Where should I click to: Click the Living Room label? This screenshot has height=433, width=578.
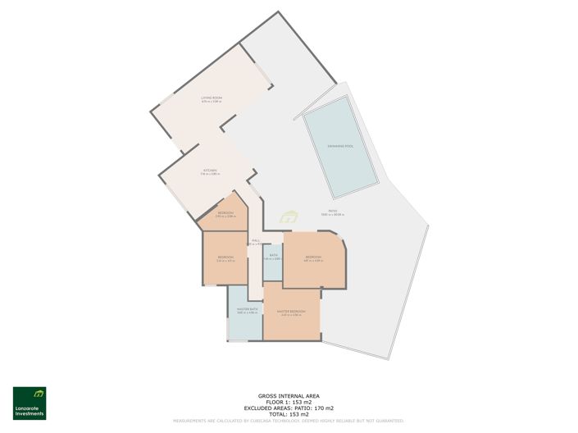tap(212, 98)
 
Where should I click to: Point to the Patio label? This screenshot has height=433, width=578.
tap(334, 212)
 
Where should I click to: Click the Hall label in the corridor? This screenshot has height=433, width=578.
tap(256, 241)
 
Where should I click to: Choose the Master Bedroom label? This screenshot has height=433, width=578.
tap(291, 312)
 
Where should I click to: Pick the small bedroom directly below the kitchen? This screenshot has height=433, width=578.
tap(224, 215)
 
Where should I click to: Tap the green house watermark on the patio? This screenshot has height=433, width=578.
tap(289, 217)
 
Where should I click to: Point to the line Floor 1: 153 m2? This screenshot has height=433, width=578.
tap(289, 401)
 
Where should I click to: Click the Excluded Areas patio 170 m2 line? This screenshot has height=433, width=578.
tap(289, 408)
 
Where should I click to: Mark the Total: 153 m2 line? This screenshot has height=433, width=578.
tap(289, 414)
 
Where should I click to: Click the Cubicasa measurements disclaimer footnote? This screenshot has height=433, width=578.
tap(289, 421)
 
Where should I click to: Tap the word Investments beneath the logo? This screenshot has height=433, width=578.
tap(30, 415)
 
